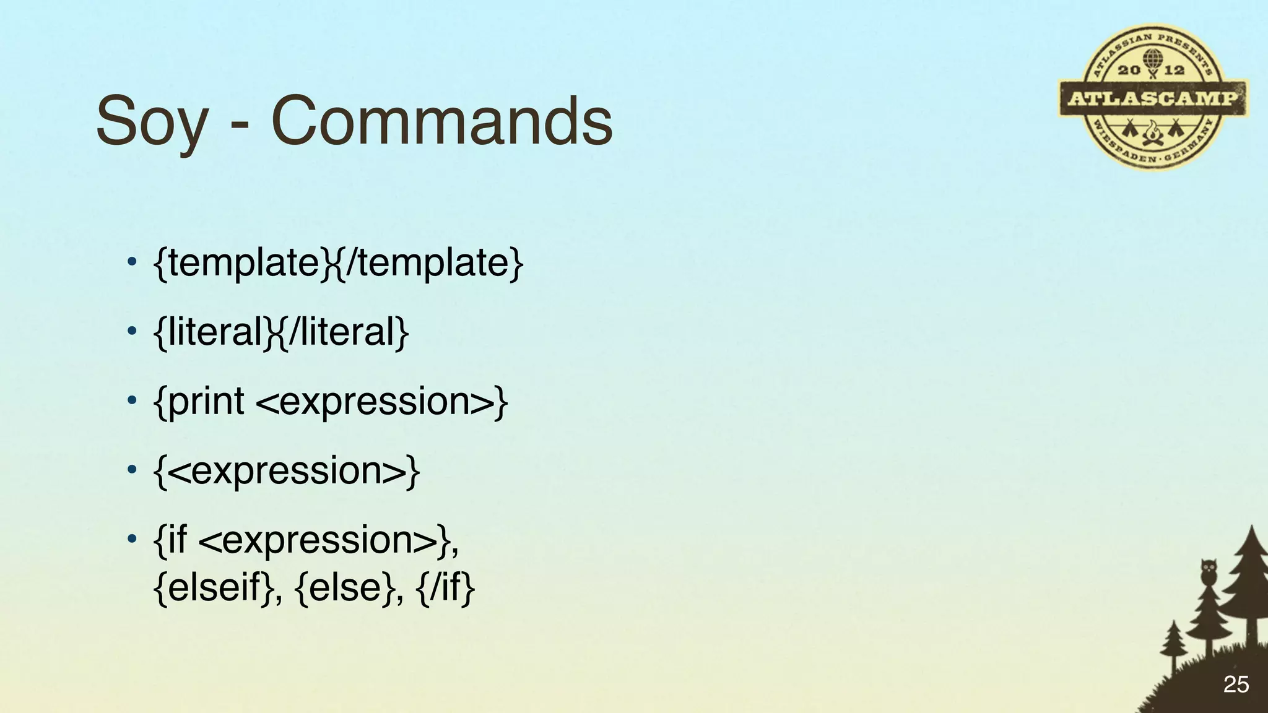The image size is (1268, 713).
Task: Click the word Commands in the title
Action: [441, 121]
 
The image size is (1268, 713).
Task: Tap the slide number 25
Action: [1236, 685]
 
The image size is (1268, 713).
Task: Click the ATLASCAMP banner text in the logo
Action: [1153, 98]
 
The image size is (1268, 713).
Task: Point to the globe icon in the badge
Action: [1152, 59]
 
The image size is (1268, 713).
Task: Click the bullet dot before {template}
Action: [131, 262]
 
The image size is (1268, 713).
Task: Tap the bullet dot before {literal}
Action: [131, 332]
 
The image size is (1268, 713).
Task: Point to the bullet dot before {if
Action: [131, 540]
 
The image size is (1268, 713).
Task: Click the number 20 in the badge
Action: [1129, 70]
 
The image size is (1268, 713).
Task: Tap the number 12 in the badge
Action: [1175, 70]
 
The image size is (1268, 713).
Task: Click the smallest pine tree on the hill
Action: [1172, 647]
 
